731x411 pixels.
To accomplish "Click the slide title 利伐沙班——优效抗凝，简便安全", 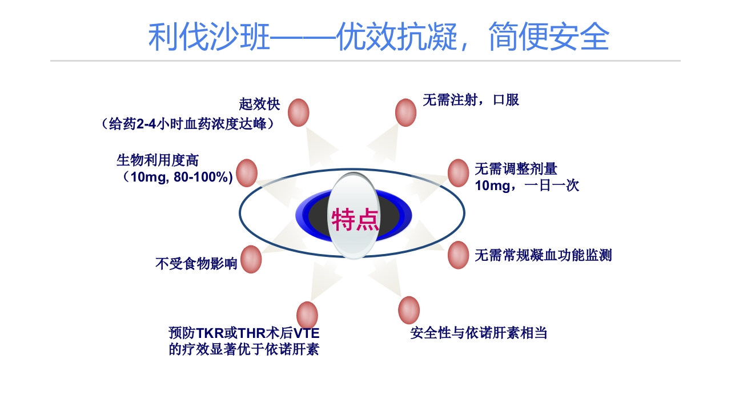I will pyautogui.click(x=379, y=38).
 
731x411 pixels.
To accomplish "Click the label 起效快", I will pyautogui.click(x=259, y=104).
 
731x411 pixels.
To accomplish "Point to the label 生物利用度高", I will pyautogui.click(x=158, y=160).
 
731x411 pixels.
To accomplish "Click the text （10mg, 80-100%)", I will pyautogui.click(x=177, y=177).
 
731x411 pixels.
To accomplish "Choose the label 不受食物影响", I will pyautogui.click(x=196, y=263).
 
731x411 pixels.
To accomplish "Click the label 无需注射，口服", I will pyautogui.click(x=471, y=100).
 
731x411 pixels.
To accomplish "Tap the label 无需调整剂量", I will pyautogui.click(x=516, y=168).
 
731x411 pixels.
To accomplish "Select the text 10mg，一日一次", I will pyautogui.click(x=527, y=186).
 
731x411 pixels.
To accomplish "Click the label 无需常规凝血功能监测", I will pyautogui.click(x=543, y=255).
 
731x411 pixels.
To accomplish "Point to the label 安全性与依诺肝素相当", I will pyautogui.click(x=479, y=333).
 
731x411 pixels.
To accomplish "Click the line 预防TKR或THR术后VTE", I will pyautogui.click(x=244, y=332).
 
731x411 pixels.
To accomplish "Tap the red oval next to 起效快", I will pyautogui.click(x=299, y=112).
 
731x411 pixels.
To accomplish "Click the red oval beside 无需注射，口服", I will pyautogui.click(x=405, y=112).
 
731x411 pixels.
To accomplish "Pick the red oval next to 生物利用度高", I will pyautogui.click(x=247, y=172).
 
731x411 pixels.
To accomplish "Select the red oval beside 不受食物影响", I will pyautogui.click(x=251, y=260).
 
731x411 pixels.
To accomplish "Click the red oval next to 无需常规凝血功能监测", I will pyautogui.click(x=458, y=255).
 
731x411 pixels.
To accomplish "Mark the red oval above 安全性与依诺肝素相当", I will pyautogui.click(x=409, y=310).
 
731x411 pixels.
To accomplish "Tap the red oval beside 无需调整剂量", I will pyautogui.click(x=458, y=172).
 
